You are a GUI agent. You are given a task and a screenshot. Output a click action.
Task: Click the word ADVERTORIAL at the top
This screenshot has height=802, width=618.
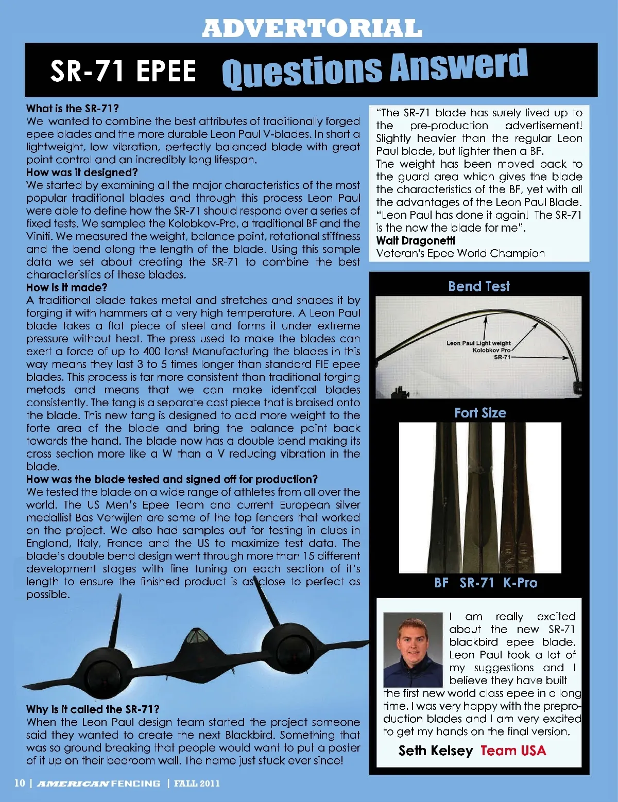[x=312, y=28]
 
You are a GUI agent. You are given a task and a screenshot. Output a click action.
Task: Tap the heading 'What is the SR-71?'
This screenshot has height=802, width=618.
[x=73, y=109]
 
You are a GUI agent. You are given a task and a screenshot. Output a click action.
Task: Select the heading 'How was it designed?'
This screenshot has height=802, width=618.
[x=82, y=172]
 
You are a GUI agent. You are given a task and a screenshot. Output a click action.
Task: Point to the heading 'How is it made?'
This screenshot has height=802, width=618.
[x=66, y=288]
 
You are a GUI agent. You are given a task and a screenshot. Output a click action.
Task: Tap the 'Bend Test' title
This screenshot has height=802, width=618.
[x=479, y=286]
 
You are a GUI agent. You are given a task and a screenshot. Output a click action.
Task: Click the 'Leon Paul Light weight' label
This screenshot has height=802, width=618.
[x=478, y=343]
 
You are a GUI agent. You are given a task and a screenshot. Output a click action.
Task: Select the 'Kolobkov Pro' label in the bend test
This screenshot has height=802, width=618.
[x=491, y=350]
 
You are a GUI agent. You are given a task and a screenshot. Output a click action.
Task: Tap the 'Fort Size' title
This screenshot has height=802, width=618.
[x=480, y=413]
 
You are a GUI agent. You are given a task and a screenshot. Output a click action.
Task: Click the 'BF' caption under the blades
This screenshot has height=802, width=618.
[x=441, y=583]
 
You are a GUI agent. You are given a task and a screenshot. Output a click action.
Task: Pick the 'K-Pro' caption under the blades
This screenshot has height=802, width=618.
[x=520, y=583]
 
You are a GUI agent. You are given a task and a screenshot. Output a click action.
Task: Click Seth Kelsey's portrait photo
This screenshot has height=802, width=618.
[x=413, y=649]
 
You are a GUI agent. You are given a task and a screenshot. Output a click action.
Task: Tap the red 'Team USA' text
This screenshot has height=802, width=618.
[x=513, y=751]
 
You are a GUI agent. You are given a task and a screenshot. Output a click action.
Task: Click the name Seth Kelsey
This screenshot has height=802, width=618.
[x=435, y=751]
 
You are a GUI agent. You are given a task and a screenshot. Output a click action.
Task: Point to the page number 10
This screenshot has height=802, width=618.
[x=19, y=783]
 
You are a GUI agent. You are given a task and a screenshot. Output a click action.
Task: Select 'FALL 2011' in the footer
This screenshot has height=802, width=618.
[x=197, y=783]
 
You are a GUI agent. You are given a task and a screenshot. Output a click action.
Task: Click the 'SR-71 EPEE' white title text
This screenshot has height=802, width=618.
[x=123, y=71]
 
